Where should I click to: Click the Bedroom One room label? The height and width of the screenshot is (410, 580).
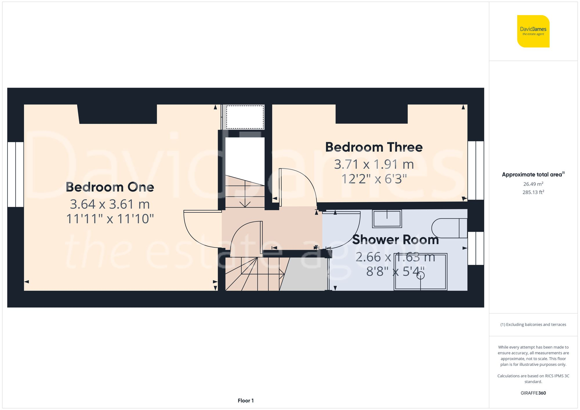pos(110,187)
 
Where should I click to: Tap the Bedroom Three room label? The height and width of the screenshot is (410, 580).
pos(374,147)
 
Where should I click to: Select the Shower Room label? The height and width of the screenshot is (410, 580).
pos(395,240)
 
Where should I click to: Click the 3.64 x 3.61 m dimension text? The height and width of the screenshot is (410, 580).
pos(110,204)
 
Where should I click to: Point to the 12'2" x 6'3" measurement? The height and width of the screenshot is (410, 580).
pos(374,179)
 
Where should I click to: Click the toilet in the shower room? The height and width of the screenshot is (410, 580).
pos(449,228)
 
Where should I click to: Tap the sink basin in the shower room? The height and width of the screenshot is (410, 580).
pos(387,219)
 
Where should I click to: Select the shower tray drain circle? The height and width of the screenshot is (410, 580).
pos(420,275)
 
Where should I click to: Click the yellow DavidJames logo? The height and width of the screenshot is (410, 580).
pos(533,31)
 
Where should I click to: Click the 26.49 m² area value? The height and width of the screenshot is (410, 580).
pos(533,184)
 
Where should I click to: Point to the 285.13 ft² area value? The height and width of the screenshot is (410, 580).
pos(533,192)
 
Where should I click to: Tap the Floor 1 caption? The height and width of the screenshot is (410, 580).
pos(246,400)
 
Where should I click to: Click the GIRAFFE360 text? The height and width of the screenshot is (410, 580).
pos(533,393)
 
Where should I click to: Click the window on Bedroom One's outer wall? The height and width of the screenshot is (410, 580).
pos(16,174)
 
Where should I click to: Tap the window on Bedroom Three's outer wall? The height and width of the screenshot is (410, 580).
pos(476,170)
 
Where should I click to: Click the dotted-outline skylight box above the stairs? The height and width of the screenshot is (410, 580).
pos(245,117)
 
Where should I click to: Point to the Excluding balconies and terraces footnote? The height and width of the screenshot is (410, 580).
pos(533,325)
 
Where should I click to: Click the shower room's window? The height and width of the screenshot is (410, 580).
pos(476,248)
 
